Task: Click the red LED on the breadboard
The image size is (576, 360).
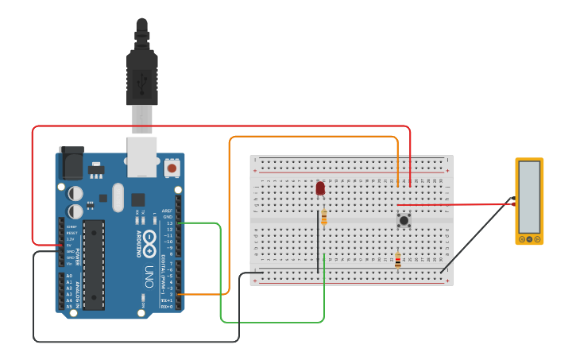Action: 320,188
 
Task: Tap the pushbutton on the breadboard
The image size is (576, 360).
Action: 404,219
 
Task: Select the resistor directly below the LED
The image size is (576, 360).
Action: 324,217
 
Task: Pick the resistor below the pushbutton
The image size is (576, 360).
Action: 397,259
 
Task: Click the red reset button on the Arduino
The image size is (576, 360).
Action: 171,168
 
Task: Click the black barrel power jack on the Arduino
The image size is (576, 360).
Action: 72,164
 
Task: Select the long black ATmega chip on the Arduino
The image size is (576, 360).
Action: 94,265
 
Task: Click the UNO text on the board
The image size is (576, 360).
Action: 149,276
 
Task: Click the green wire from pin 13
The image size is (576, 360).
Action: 219,270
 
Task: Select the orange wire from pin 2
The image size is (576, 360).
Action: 230,215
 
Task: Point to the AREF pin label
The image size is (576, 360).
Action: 166,211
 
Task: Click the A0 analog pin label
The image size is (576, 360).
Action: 69,276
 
